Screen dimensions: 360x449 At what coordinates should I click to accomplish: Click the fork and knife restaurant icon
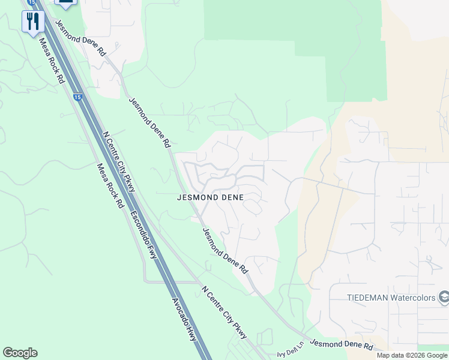click(x=32, y=22)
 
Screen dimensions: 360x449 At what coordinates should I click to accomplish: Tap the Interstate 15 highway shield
click(x=77, y=97)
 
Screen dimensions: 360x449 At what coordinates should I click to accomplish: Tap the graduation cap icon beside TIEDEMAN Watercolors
click(x=444, y=296)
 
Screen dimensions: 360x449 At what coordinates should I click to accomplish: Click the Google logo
click(x=20, y=353)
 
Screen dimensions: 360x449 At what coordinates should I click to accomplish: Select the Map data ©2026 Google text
click(x=412, y=355)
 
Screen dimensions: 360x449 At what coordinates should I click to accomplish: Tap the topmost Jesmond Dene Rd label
click(x=80, y=38)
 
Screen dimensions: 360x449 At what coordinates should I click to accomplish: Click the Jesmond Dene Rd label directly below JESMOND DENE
click(x=225, y=251)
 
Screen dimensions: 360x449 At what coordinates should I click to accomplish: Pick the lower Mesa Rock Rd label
click(x=109, y=185)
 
